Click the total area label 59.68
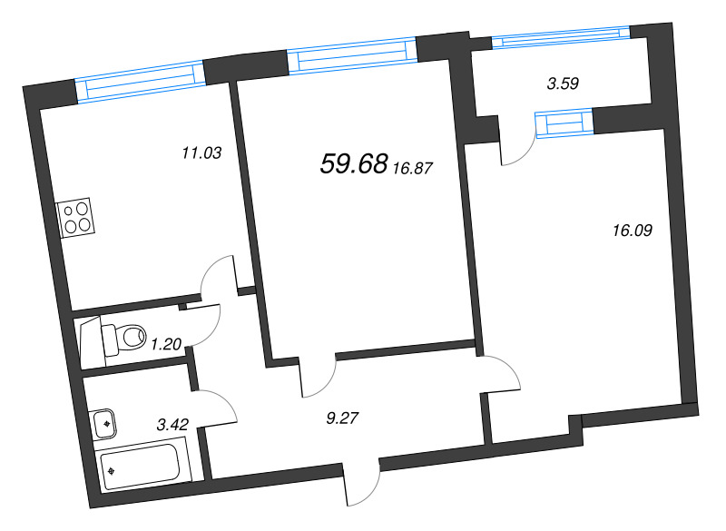[354, 164]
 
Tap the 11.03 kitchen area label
[201, 154]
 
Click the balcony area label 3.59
[563, 84]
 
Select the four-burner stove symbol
[75, 218]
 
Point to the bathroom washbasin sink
[104, 421]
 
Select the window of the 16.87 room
[351, 55]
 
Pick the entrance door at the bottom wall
[363, 486]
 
